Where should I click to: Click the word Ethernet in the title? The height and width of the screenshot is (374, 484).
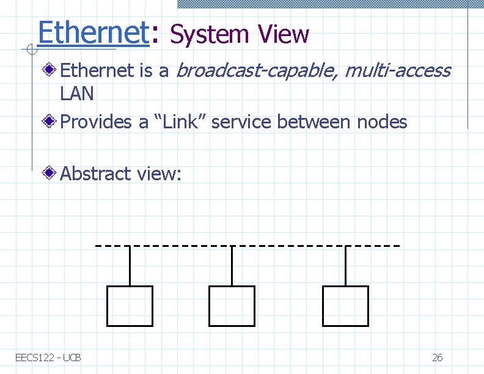pyautogui.click(x=93, y=32)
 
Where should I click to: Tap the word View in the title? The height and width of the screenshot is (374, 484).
pyautogui.click(x=284, y=34)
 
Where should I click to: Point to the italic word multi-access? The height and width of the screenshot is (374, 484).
pyautogui.click(x=397, y=71)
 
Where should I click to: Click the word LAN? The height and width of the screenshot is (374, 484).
pyautogui.click(x=77, y=94)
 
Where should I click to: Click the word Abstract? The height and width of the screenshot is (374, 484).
pyautogui.click(x=95, y=174)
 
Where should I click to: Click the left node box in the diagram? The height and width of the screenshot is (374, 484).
pyautogui.click(x=130, y=306)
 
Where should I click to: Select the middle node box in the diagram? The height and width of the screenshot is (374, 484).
pyautogui.click(x=232, y=306)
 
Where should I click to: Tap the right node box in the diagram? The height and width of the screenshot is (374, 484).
pyautogui.click(x=345, y=306)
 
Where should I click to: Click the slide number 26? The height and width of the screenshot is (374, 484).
pyautogui.click(x=437, y=358)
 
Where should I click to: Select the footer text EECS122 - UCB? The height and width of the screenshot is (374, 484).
pyautogui.click(x=48, y=358)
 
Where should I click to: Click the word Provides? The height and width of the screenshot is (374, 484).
pyautogui.click(x=96, y=122)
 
